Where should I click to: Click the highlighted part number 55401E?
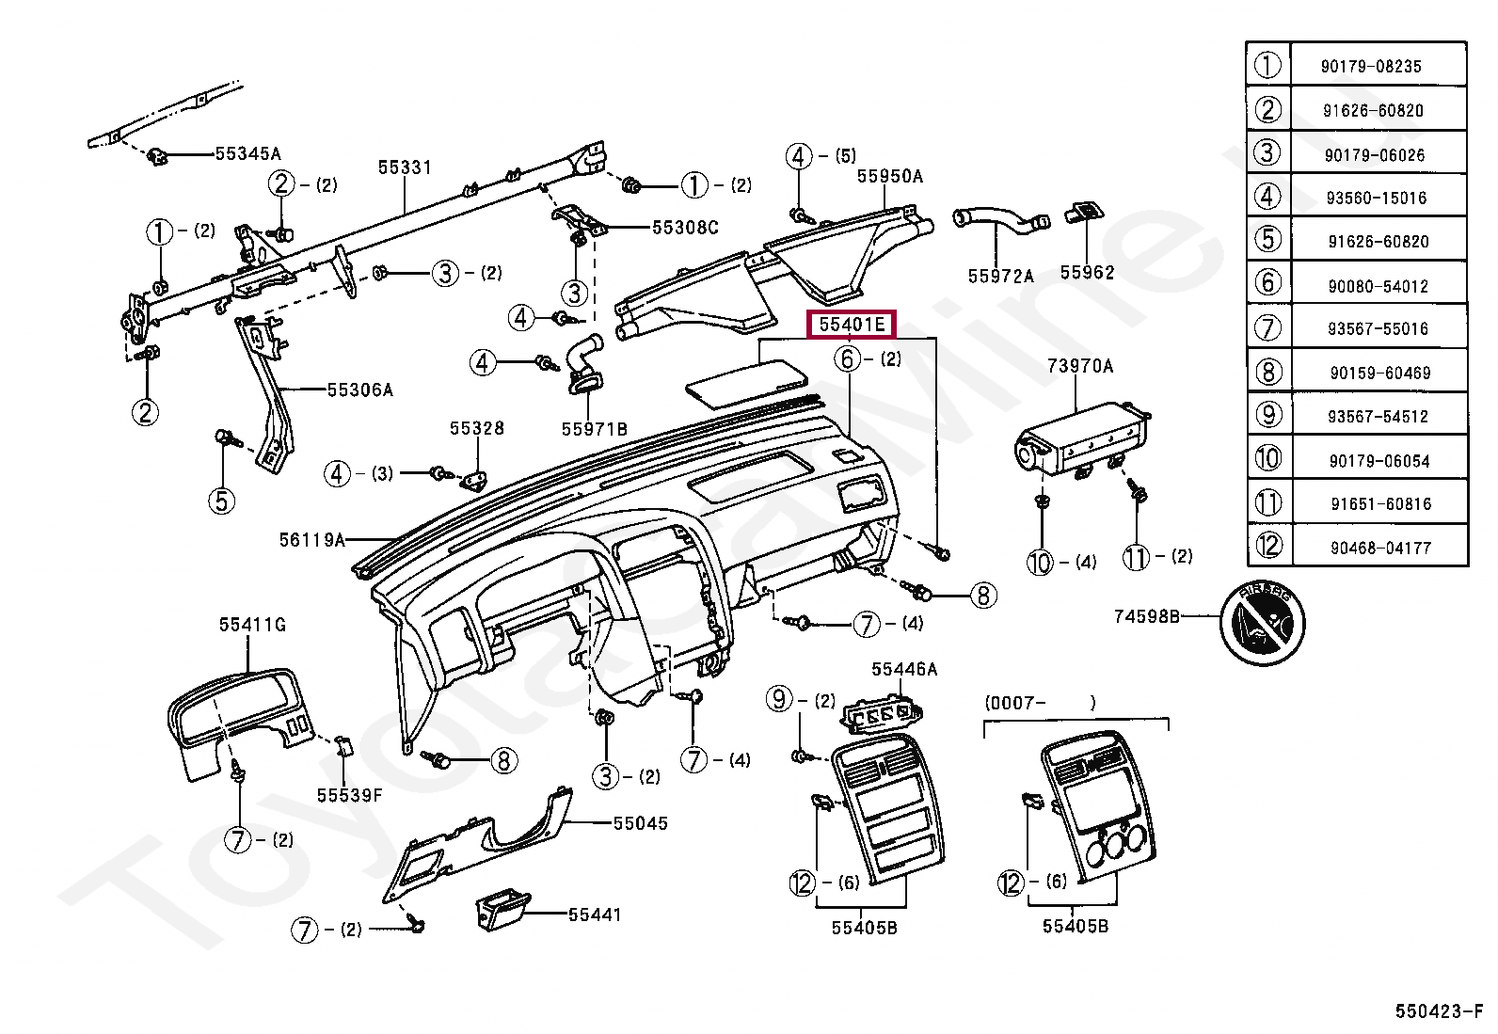[x=852, y=325]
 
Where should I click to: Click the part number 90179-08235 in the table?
[x=1370, y=66]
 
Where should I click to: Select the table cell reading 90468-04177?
[x=1380, y=548]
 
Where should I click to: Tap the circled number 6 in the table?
[x=1268, y=282]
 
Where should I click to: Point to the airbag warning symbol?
[x=1263, y=623]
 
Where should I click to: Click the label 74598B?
[x=1146, y=616]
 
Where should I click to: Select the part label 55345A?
[x=247, y=153]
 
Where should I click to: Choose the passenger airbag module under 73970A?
[x=1081, y=441]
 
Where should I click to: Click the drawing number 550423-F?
[x=1439, y=1010]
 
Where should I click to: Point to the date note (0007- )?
[x=1040, y=702]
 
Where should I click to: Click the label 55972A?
[x=1000, y=276]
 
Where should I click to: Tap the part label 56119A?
[x=311, y=539]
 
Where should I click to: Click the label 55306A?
[x=359, y=390]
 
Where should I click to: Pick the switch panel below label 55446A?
[x=882, y=713]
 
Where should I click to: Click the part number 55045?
[x=641, y=823]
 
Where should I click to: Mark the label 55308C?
[x=685, y=228]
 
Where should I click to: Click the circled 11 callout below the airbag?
[x=1136, y=556]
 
